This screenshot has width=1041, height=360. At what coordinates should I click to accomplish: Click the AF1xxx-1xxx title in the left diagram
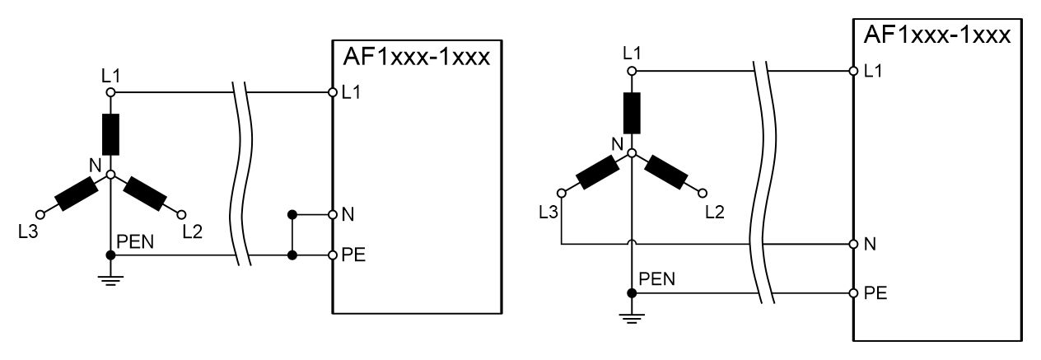click(415, 60)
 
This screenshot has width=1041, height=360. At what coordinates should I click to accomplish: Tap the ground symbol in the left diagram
click(110, 278)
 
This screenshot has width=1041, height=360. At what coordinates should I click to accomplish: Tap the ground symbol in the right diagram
click(632, 316)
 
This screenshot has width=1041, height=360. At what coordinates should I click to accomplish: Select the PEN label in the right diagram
click(657, 278)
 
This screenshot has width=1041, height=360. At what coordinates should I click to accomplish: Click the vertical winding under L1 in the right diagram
click(632, 113)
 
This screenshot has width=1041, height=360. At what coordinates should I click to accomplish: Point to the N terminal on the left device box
click(333, 214)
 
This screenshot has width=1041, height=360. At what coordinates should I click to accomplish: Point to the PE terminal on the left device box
click(333, 255)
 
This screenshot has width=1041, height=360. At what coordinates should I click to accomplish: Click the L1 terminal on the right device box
click(854, 70)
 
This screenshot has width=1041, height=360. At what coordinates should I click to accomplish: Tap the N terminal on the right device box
click(854, 244)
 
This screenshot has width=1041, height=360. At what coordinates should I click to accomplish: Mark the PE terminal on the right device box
click(854, 292)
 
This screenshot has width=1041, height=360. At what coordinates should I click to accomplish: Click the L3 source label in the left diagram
click(27, 231)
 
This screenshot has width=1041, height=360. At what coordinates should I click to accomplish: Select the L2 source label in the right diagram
click(714, 213)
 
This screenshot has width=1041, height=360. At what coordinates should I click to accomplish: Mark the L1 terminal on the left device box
click(333, 91)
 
